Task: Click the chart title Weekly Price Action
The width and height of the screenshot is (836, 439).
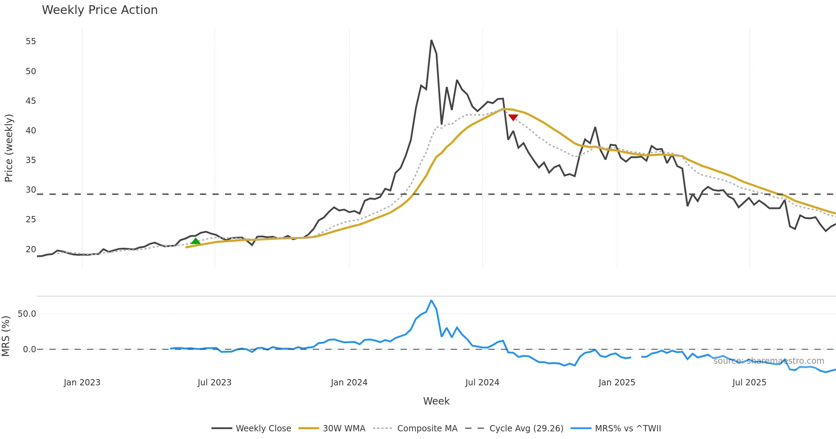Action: click(100, 10)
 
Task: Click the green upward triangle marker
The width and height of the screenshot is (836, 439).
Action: click(195, 241)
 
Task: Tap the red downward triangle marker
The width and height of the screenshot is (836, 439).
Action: click(513, 117)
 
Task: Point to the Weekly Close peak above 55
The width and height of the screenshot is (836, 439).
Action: click(431, 40)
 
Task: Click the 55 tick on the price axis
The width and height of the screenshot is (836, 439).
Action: click(31, 41)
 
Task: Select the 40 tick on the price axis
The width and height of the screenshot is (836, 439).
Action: click(31, 131)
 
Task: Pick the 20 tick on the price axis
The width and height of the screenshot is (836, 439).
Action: click(31, 249)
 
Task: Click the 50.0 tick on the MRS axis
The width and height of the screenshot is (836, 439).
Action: click(27, 314)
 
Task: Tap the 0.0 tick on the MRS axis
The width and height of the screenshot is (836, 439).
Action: click(29, 349)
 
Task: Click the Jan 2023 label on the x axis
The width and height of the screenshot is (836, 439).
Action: click(82, 383)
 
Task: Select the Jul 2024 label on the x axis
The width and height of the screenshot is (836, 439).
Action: click(482, 383)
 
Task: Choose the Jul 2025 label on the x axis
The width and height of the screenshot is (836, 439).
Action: click(749, 383)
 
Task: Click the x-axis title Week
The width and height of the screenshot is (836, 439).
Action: click(436, 401)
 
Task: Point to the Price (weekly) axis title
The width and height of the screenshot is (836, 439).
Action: click(9, 148)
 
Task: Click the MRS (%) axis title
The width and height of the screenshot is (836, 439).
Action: click(6, 336)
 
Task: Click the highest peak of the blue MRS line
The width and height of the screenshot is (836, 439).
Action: click(431, 300)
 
